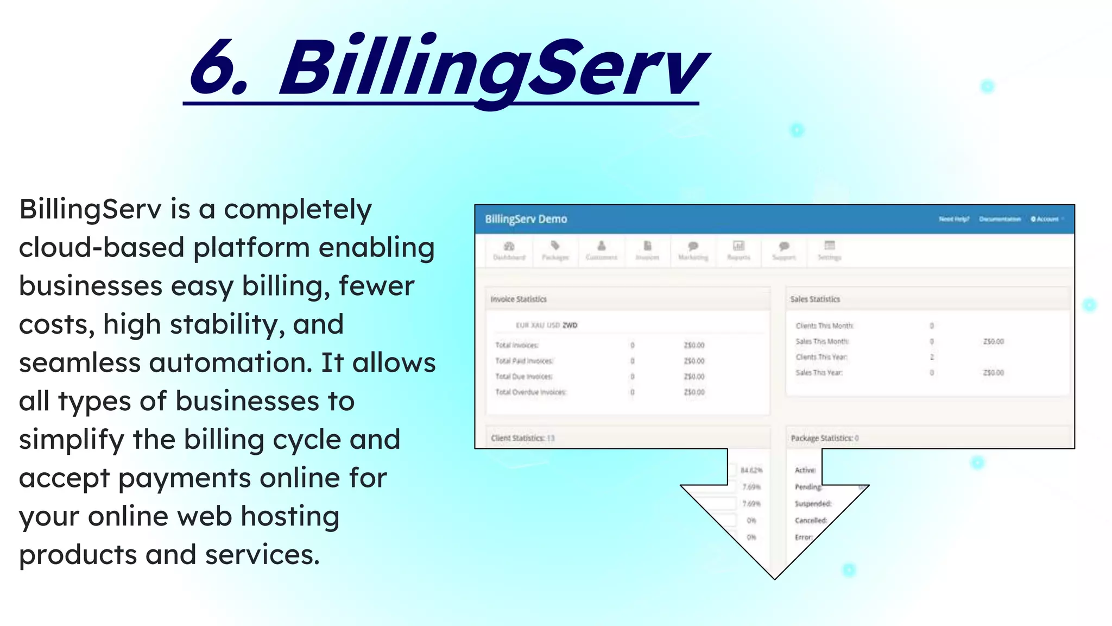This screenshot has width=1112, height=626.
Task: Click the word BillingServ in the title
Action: (x=491, y=68)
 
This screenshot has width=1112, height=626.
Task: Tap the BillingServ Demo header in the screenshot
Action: (x=526, y=219)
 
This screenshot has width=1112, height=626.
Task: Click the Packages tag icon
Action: (x=555, y=246)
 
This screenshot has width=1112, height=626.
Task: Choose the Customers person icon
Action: (x=601, y=246)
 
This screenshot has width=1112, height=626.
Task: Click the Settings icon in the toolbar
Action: (x=829, y=246)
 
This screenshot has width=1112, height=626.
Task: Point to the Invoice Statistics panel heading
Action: (x=519, y=299)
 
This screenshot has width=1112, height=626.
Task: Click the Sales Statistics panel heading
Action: (x=814, y=299)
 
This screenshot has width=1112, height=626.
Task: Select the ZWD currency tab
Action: (x=570, y=325)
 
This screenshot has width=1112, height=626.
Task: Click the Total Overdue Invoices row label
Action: (x=530, y=392)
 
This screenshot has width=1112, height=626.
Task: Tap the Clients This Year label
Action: (x=821, y=357)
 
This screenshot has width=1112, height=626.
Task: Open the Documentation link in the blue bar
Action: (x=1000, y=219)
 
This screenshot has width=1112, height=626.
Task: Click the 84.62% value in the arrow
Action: (x=751, y=470)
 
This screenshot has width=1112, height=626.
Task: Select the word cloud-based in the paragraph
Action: (x=102, y=248)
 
